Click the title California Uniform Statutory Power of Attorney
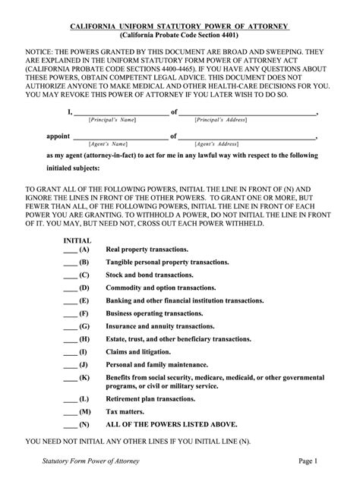tap(179, 27)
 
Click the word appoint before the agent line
tap(58, 137)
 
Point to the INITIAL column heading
tap(77, 239)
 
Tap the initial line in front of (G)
tap(69, 327)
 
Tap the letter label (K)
tap(84, 377)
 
